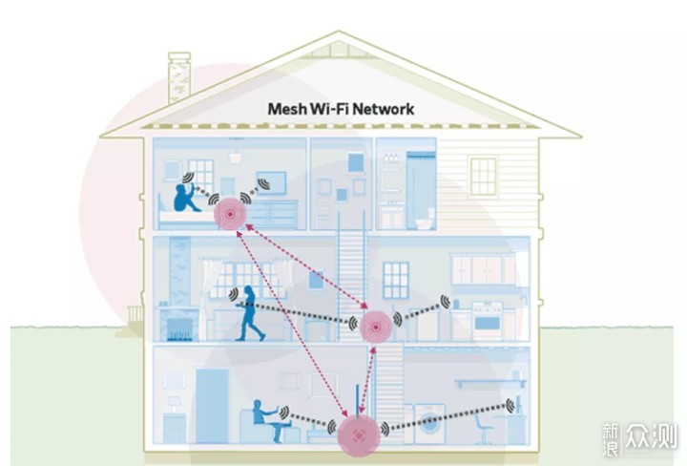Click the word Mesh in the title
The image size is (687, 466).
(x=286, y=109)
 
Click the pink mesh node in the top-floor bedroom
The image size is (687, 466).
(x=230, y=214)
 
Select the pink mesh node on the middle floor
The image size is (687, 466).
(x=376, y=327)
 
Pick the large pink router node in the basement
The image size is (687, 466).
(x=359, y=435)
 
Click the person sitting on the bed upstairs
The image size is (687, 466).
(x=185, y=198)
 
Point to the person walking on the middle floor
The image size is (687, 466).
(x=249, y=313)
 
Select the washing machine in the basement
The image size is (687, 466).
(x=429, y=424)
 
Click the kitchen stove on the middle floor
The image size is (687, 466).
(x=487, y=321)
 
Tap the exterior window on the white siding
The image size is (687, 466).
(x=483, y=176)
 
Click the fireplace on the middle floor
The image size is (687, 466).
(x=178, y=325)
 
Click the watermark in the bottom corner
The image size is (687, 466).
(x=638, y=438)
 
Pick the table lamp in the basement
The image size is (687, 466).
(x=175, y=404)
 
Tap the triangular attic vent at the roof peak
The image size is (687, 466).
(x=338, y=49)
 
